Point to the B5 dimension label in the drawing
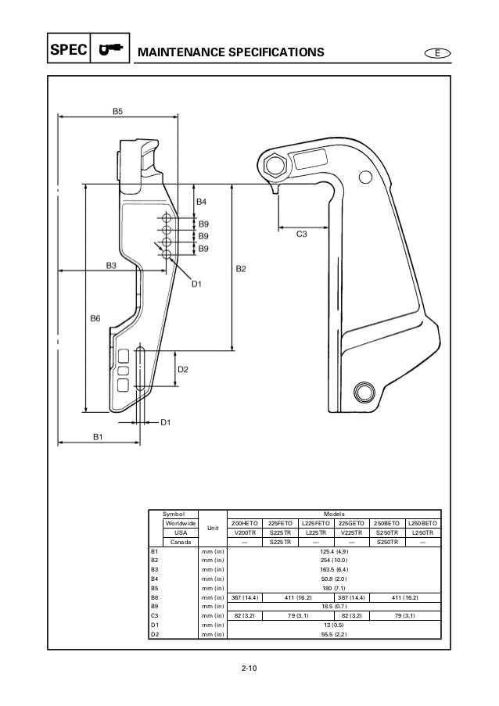tap(116, 112)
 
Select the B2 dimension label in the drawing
tap(241, 270)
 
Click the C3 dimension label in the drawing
tap(301, 234)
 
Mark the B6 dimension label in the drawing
tap(95, 318)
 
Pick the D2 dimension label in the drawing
tap(182, 369)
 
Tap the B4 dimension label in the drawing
tap(201, 202)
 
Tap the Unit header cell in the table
tap(208, 528)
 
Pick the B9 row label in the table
tap(155, 605)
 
